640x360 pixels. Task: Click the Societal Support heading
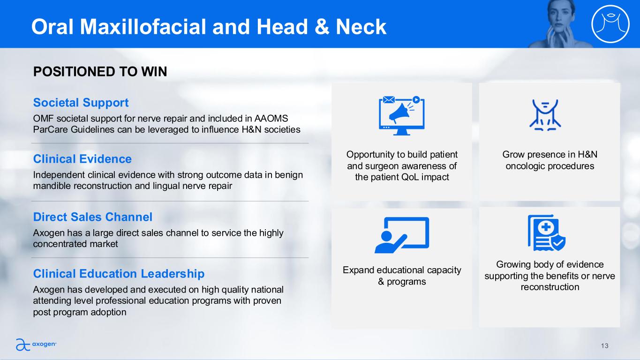click(x=81, y=103)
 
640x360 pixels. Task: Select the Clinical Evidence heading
click(x=83, y=159)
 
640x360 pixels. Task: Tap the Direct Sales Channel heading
click(x=93, y=217)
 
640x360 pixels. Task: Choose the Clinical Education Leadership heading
click(x=119, y=274)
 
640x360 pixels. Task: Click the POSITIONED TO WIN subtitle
click(x=100, y=71)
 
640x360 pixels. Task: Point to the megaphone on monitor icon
click(x=402, y=115)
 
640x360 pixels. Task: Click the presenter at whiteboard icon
click(x=402, y=235)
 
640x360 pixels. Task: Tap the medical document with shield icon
click(x=546, y=233)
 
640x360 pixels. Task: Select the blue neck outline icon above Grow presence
click(x=545, y=115)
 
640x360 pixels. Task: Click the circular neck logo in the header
click(x=610, y=24)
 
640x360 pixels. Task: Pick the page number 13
click(x=604, y=346)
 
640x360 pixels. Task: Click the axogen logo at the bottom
click(x=36, y=344)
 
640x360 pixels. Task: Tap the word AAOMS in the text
click(x=271, y=118)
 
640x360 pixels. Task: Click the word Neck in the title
click(x=361, y=27)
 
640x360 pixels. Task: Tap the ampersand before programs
click(x=381, y=281)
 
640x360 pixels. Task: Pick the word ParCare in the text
click(x=51, y=130)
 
